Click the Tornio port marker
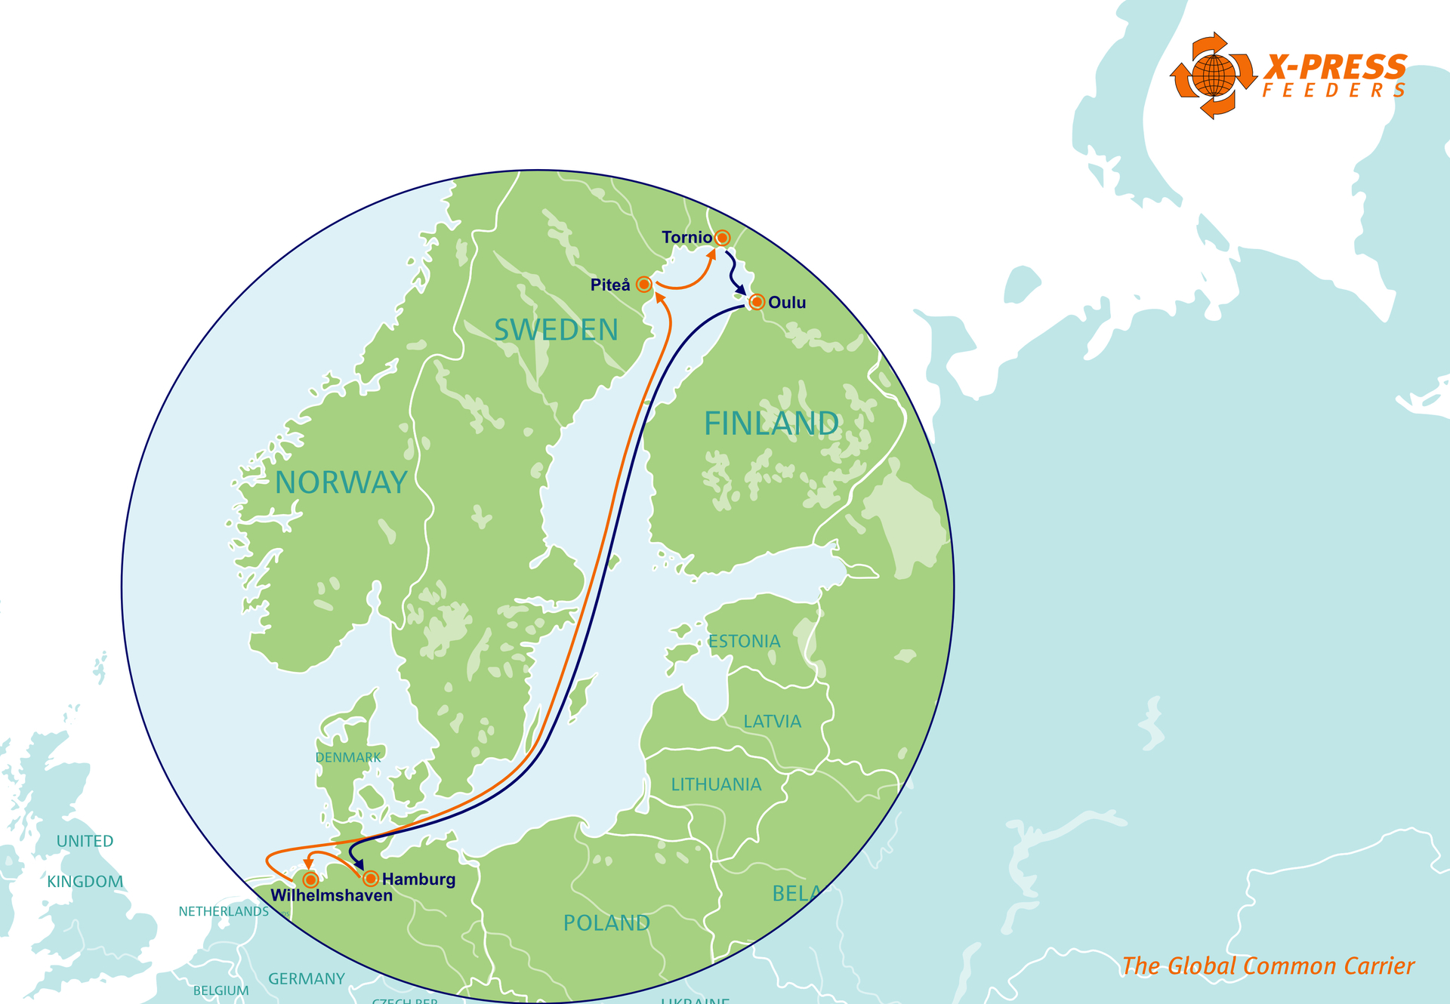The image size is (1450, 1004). (722, 238)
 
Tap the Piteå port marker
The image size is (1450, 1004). (643, 285)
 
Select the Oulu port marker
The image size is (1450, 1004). (757, 303)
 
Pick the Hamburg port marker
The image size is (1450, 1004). (371, 879)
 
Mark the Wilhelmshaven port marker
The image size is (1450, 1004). (310, 880)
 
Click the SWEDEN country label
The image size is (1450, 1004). (556, 330)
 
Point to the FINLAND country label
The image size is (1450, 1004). (771, 423)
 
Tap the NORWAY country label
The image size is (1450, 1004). (341, 482)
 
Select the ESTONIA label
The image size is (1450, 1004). (744, 642)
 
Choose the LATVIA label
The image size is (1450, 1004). (772, 722)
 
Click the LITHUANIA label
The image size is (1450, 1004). (716, 785)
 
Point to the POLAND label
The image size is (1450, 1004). (606, 923)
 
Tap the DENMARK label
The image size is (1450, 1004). (348, 757)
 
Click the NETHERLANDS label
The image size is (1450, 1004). (224, 912)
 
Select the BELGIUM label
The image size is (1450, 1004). (221, 990)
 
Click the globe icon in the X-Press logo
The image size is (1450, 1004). (1213, 75)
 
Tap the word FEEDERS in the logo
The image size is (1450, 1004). (1334, 91)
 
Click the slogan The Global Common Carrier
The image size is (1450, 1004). (1268, 966)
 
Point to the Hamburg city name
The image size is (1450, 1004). (418, 879)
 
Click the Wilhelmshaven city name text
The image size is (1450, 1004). (332, 896)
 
